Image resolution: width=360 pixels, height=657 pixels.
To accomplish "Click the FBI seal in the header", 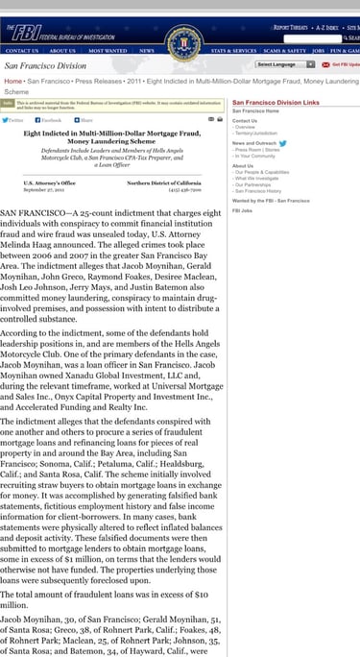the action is pos(180,42).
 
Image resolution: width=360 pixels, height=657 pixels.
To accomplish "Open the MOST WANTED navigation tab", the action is pos(108,50).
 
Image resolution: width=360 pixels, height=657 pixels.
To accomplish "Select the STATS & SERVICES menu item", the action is pos(233,50).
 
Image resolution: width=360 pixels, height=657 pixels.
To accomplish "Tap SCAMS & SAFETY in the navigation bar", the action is pos(284,50).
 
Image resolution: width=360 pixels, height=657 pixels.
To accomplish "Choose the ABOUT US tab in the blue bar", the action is pos(62,50).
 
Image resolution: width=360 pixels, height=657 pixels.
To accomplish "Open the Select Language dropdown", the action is pos(285,64).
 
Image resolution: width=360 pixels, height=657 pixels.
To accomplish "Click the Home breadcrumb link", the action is pos(12,82).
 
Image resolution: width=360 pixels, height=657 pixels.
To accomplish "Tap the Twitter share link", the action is pos(13,120).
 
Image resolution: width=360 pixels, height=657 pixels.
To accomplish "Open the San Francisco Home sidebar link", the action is pos(255,110).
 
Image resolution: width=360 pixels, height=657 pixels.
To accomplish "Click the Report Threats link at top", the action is pos(291,28).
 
